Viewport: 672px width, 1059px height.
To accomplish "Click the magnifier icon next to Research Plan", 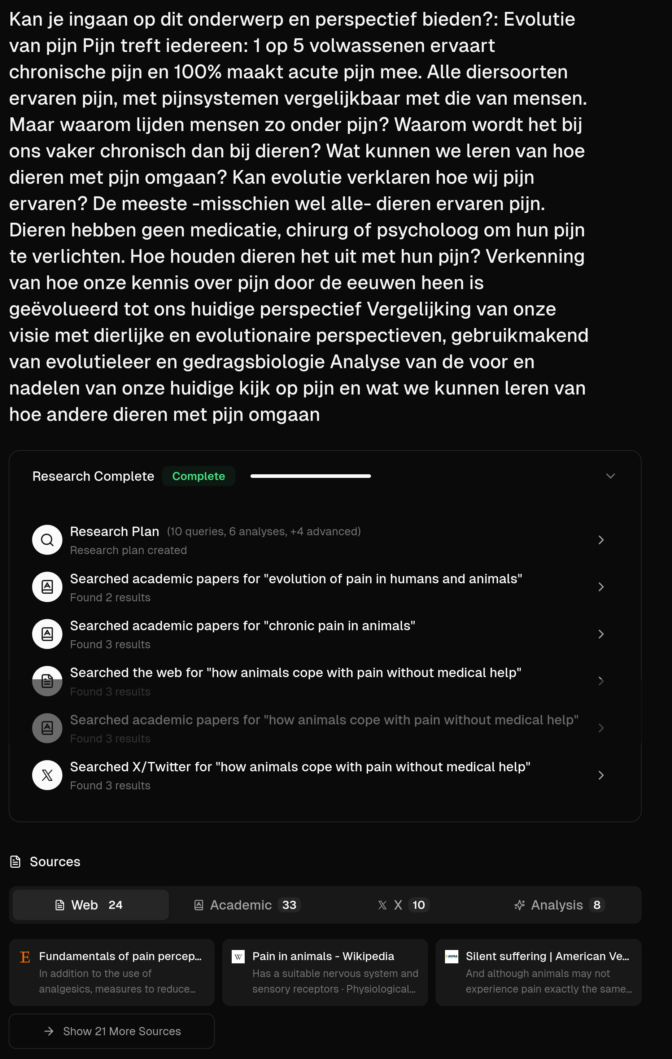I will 47,540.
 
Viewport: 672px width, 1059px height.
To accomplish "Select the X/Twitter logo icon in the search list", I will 47,775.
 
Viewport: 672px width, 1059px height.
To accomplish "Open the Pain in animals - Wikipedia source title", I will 323,956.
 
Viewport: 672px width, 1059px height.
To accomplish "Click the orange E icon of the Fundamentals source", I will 25,957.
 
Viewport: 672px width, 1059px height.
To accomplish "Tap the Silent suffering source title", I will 547,956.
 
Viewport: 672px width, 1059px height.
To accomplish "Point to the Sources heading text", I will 55,862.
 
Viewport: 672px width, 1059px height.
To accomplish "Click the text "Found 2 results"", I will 110,597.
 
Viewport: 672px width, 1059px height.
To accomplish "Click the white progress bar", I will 310,476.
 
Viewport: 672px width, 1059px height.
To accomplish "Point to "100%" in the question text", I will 197,72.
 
